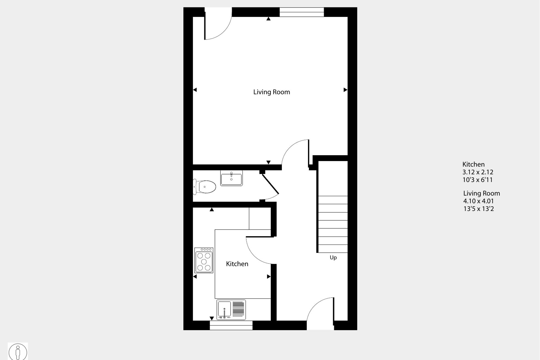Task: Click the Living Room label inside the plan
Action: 271,92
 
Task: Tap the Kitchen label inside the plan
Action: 237,264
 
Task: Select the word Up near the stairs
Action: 333,258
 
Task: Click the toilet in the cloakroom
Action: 205,187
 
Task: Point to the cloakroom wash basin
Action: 231,178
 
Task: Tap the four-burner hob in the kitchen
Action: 204,260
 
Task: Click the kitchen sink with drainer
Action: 231,310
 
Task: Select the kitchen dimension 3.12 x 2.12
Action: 478,172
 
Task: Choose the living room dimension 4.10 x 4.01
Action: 479,201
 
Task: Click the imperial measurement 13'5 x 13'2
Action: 479,209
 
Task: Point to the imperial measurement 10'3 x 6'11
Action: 477,180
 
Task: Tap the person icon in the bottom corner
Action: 18,352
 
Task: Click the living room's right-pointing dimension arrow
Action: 345,90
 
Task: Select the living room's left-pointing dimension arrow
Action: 195,90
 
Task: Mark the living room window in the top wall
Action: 302,12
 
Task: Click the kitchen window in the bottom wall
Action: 231,325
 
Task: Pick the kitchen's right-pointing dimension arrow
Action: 269,277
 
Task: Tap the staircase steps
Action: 333,224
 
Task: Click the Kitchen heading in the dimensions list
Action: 474,164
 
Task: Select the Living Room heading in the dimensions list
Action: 482,193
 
